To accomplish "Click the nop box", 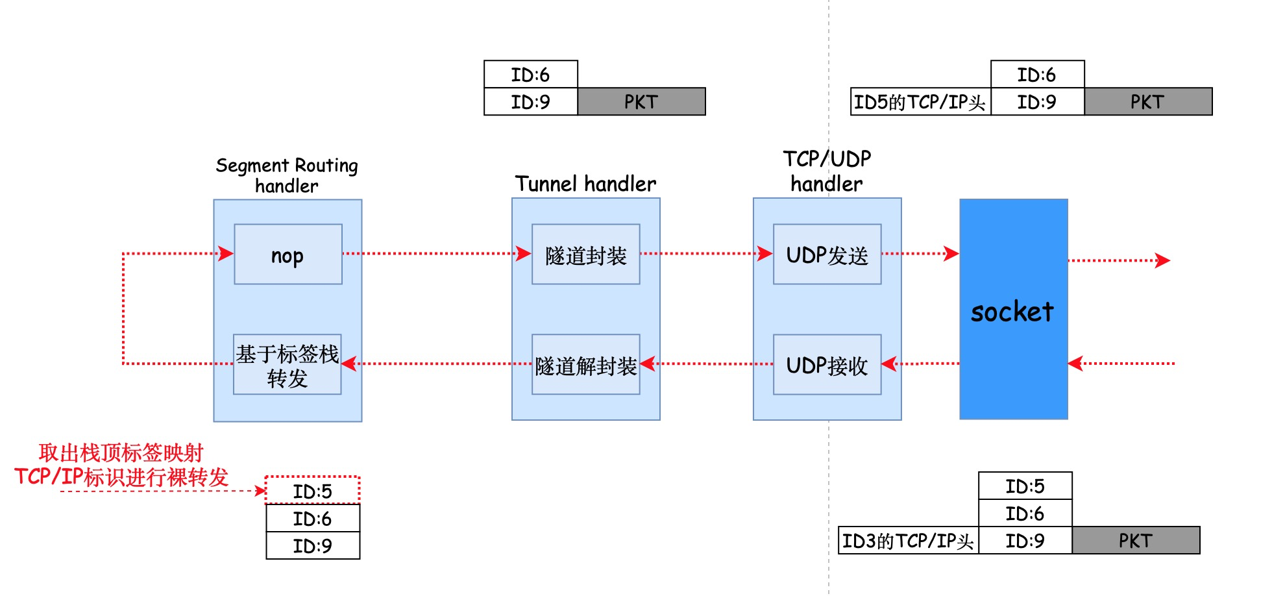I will [288, 255].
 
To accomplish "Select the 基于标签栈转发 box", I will [287, 365].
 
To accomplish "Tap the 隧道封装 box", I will [585, 255].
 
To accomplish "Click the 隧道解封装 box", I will [585, 365].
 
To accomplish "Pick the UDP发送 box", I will [827, 255].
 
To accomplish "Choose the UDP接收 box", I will [827, 365].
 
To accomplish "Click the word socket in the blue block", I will [1012, 312].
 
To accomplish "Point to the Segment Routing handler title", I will [286, 175].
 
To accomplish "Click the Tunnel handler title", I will [585, 184].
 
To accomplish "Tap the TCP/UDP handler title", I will [827, 171].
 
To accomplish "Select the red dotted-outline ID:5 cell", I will [312, 491].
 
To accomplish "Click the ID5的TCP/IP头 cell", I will [920, 102].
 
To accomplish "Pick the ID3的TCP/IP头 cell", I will [908, 541].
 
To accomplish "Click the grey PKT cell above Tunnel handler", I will [641, 102].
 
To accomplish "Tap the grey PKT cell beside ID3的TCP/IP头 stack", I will [1135, 541].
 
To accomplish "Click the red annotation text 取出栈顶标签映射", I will [121, 453].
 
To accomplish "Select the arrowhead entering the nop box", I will [226, 253].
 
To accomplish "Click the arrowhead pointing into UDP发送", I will [765, 253].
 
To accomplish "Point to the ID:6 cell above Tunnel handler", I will [530, 75].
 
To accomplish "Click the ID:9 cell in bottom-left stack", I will [312, 546].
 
